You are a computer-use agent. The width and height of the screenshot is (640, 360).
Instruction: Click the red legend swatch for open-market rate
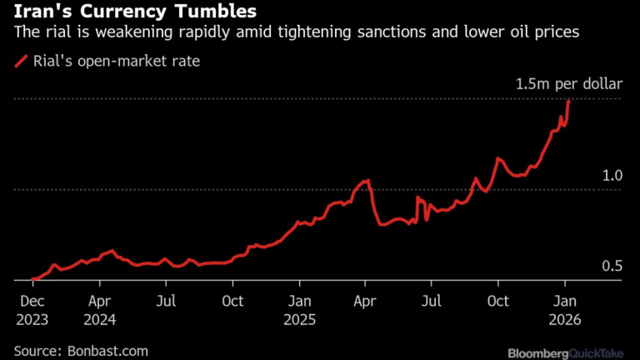click(x=21, y=60)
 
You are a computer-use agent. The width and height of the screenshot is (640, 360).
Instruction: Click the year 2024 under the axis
click(x=101, y=319)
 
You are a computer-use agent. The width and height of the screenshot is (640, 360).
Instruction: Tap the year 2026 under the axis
click(x=564, y=319)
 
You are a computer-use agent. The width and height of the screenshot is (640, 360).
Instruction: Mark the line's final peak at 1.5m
click(x=568, y=100)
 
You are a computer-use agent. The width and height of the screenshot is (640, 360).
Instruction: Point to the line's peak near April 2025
click(x=367, y=180)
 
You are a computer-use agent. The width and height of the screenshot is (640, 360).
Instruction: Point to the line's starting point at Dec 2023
click(x=32, y=279)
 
